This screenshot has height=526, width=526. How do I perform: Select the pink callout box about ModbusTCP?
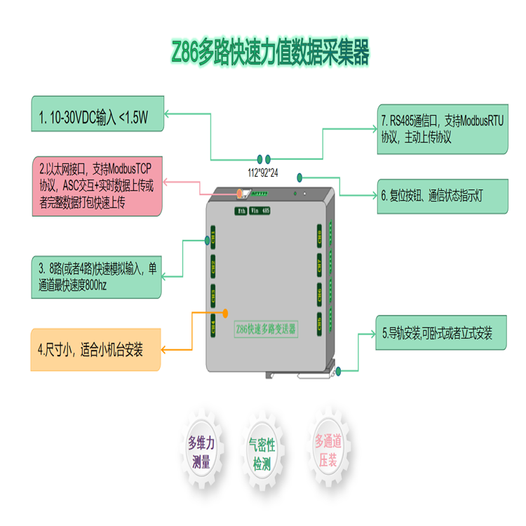97,186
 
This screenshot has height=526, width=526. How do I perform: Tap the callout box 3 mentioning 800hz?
97,276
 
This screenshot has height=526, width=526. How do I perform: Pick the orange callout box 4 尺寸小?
97,349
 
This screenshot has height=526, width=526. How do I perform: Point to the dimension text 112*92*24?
263,172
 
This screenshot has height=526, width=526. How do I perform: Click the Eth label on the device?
241,209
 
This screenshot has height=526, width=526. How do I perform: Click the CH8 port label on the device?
320,236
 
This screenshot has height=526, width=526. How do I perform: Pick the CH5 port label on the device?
320,323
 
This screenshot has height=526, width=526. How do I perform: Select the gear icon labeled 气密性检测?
263,452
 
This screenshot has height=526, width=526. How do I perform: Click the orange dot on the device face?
226,312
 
